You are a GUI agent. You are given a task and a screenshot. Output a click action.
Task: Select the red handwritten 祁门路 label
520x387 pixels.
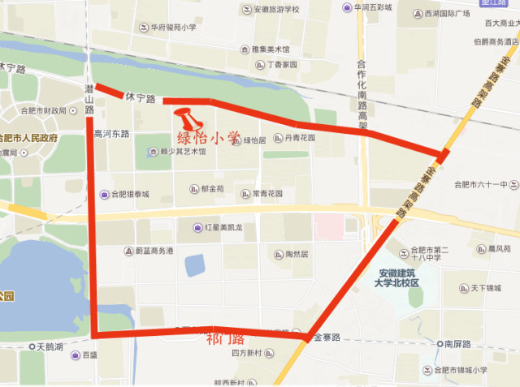[225, 338]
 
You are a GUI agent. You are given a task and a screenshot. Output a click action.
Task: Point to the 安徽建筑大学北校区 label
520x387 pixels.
[396, 277]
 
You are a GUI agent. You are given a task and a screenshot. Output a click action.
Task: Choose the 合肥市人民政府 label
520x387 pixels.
[28, 138]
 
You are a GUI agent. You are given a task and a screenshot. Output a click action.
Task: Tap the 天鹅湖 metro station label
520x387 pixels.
[51, 346]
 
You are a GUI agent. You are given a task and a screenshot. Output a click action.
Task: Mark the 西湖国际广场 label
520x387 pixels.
[441, 14]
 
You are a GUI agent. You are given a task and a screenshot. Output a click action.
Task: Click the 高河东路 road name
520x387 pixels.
[112, 134]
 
